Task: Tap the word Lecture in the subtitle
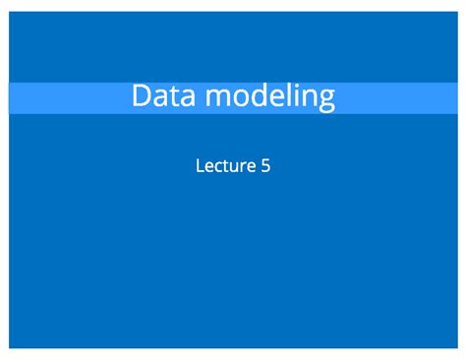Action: click(x=225, y=166)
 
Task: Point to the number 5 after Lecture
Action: click(x=265, y=166)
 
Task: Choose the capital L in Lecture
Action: click(x=201, y=166)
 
